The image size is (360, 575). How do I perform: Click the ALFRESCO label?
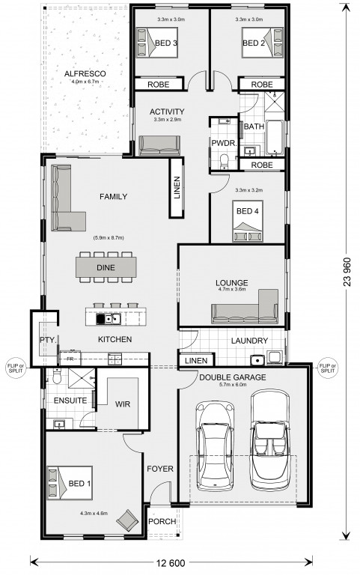(85, 73)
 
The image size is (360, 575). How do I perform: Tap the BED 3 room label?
(166, 43)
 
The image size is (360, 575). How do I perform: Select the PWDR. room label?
(224, 143)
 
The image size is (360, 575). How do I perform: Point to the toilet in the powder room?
(223, 162)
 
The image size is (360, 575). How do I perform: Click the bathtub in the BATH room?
(275, 137)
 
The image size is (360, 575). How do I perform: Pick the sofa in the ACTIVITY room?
(159, 145)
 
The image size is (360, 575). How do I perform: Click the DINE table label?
(106, 268)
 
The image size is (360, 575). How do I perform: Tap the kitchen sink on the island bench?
(109, 319)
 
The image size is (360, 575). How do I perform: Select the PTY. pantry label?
(48, 340)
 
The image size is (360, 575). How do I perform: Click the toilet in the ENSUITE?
(57, 376)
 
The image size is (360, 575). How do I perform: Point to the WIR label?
(123, 404)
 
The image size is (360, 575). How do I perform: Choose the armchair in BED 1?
(127, 520)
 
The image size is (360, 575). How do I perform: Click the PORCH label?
(162, 521)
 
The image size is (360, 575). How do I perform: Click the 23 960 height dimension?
(347, 272)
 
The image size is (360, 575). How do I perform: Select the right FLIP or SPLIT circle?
(327, 368)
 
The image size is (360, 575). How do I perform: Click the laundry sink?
(257, 360)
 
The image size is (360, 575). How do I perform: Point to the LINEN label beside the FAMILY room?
(177, 188)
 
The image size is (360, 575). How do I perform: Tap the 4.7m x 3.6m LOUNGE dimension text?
(232, 289)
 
